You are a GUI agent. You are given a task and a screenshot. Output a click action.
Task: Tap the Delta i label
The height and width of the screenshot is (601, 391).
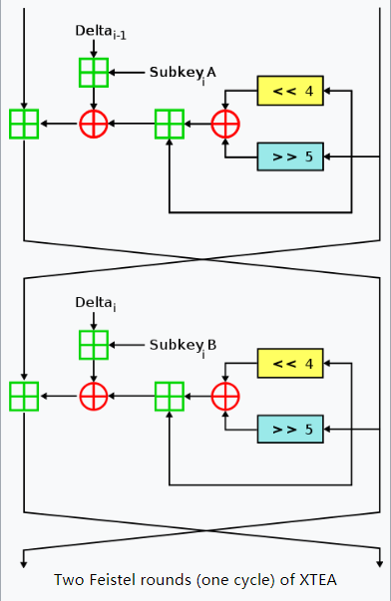(x=97, y=302)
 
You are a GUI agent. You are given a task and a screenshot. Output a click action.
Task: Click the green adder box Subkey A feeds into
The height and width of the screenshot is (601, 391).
(x=93, y=72)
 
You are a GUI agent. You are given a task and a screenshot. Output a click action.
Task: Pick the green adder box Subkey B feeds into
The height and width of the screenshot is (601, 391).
(x=93, y=344)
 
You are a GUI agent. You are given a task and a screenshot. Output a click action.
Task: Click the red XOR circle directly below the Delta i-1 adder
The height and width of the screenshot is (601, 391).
(x=93, y=125)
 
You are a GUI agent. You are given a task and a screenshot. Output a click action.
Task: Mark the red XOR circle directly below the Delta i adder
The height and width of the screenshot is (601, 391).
(x=93, y=396)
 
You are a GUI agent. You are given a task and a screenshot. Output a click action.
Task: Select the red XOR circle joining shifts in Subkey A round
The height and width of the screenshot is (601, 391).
(x=226, y=125)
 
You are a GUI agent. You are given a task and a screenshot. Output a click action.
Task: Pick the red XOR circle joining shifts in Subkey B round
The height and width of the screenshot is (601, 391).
(x=226, y=396)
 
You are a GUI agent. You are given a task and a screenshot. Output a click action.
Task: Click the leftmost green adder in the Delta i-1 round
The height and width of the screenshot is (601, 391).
(x=23, y=125)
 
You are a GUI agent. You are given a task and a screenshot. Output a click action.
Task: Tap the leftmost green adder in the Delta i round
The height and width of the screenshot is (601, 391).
(x=23, y=396)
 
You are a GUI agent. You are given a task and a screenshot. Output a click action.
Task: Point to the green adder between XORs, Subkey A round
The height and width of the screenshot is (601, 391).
(x=170, y=125)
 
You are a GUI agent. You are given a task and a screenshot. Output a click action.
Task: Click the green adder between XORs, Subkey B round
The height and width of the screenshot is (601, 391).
(x=170, y=396)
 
